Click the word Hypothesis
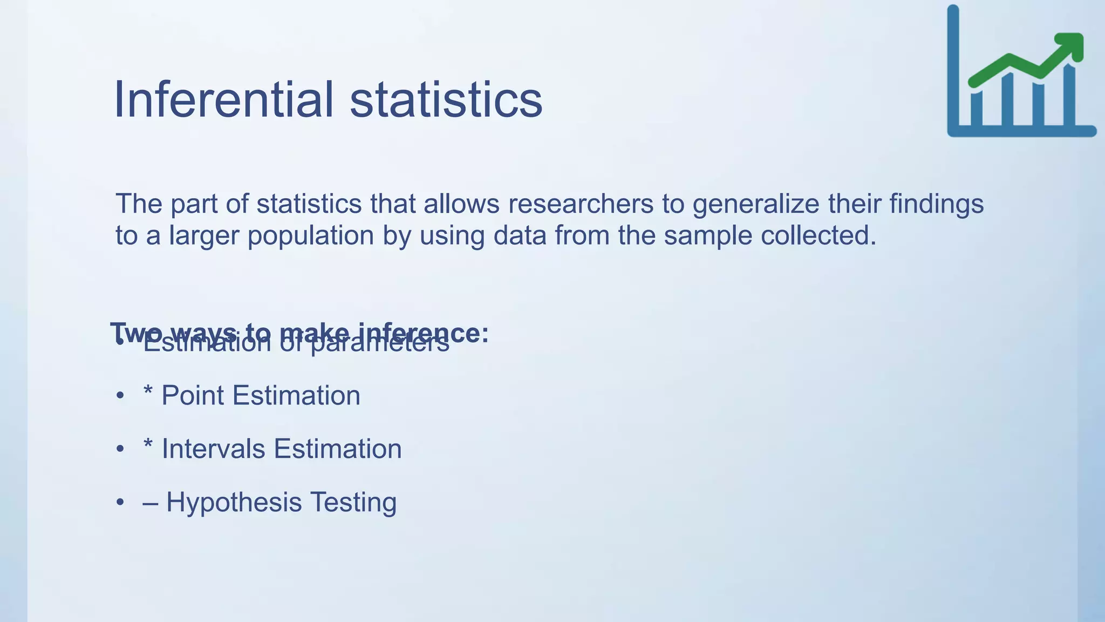[234, 502]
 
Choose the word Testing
[353, 502]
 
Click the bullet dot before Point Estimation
[120, 396]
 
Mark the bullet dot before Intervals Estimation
[120, 450]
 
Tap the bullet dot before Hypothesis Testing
[120, 503]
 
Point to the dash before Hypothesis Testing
[151, 503]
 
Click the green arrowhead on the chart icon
[1071, 45]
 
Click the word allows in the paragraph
[461, 204]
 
